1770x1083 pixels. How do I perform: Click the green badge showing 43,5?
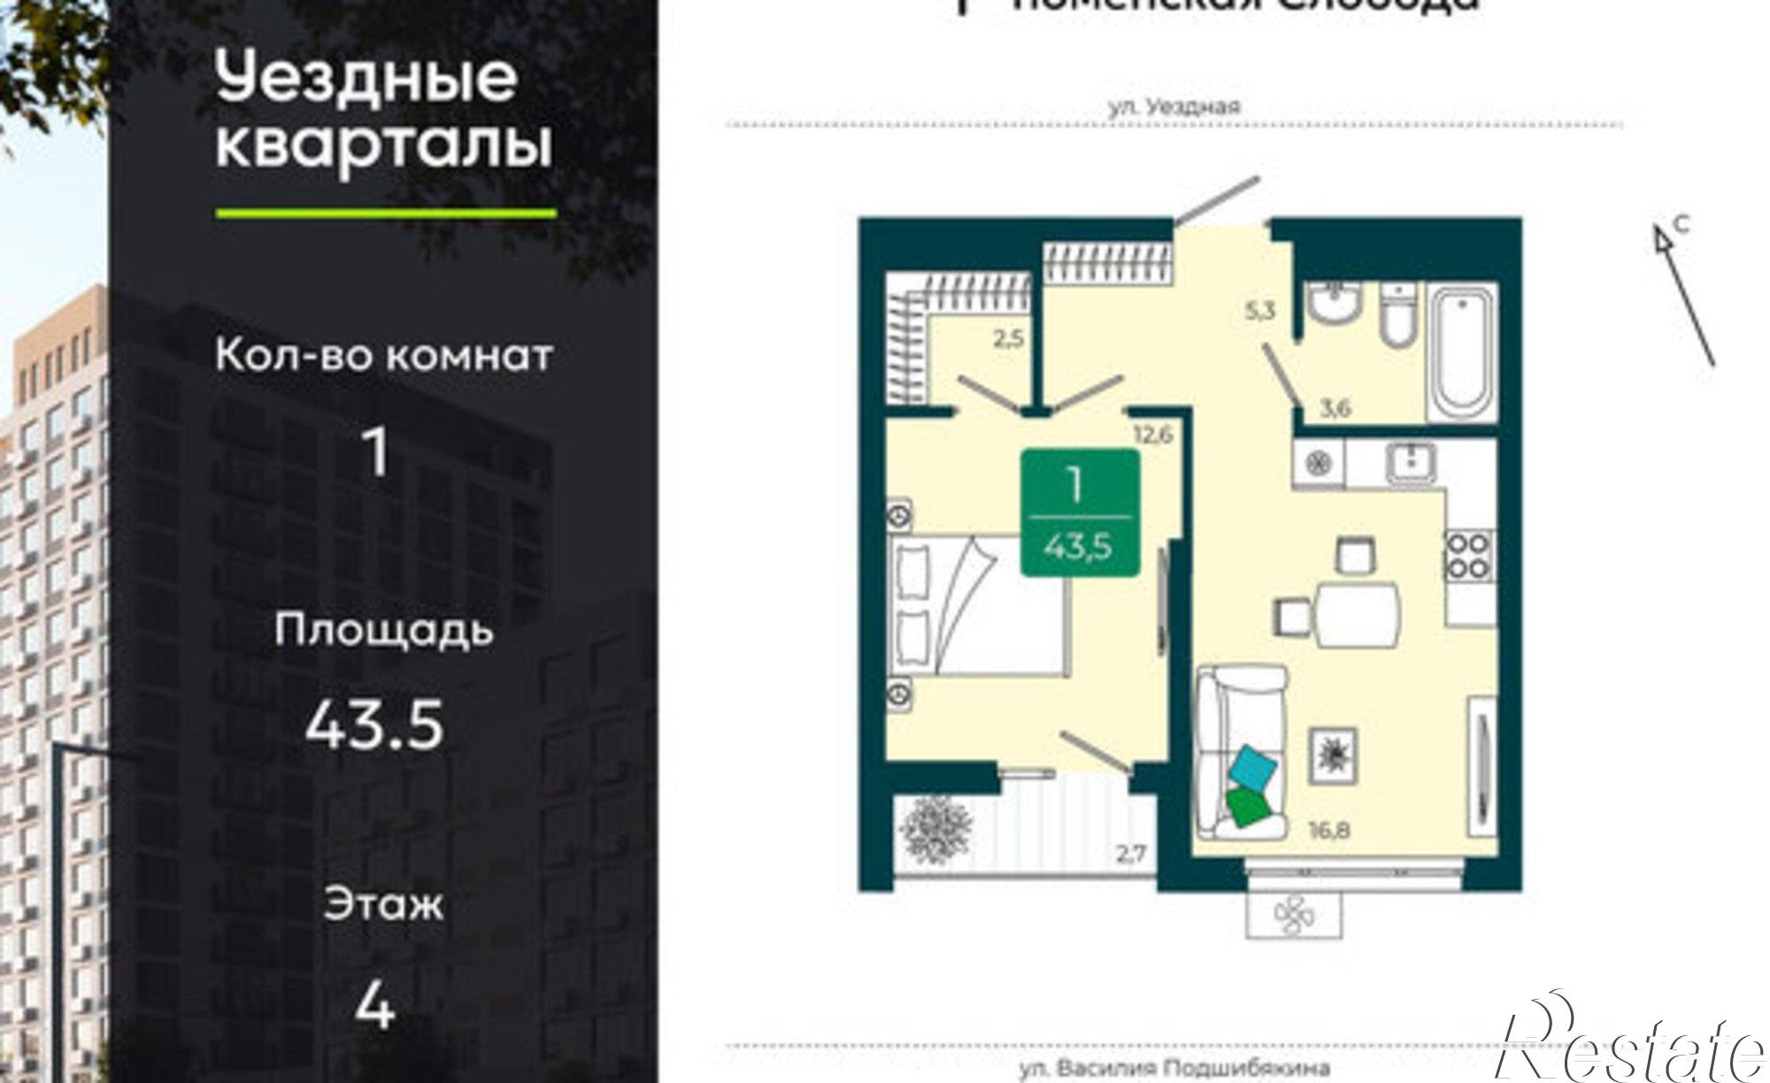point(1080,513)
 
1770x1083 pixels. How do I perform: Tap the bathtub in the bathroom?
point(1464,352)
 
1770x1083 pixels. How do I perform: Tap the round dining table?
point(1357,610)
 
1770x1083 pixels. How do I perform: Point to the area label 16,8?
point(1329,830)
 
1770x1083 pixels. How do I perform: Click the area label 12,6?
point(1151,435)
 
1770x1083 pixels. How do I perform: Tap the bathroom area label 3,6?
point(1335,409)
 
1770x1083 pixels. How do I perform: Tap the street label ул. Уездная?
point(1174,107)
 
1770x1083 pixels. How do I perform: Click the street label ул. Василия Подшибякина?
point(1174,1070)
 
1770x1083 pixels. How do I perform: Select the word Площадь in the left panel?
point(383,630)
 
